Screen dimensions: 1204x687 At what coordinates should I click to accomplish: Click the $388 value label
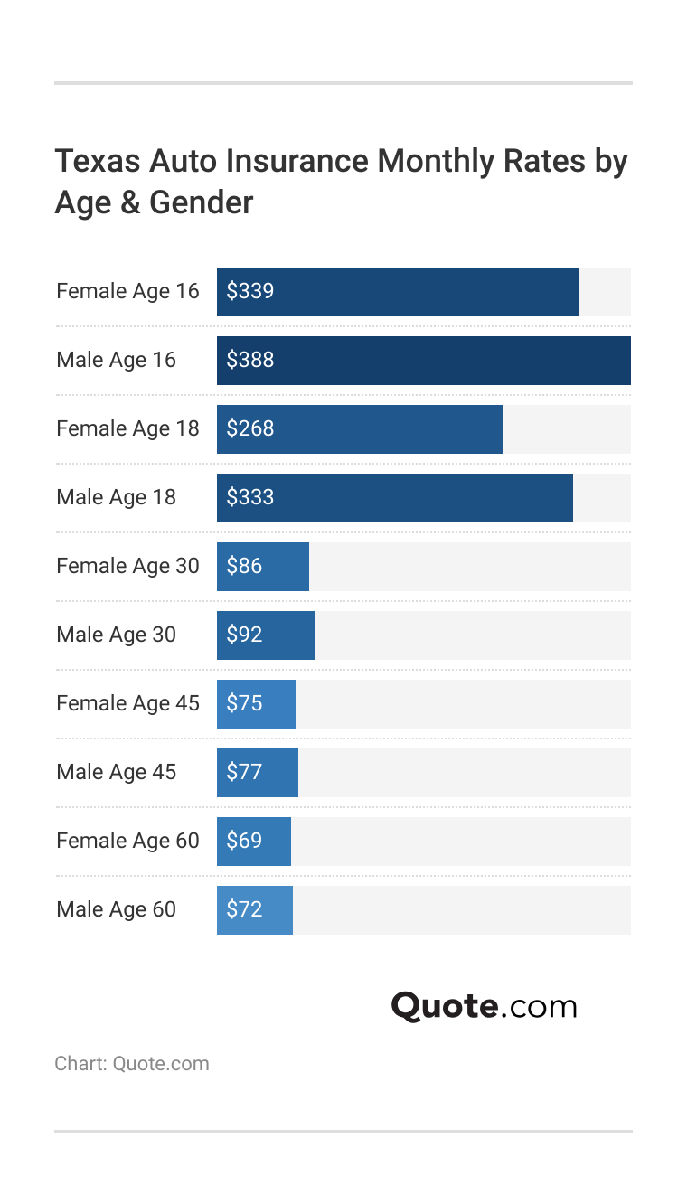tap(249, 360)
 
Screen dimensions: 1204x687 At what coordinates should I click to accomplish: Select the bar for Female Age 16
tap(398, 292)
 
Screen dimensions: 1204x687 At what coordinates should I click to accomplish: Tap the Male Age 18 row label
tap(116, 497)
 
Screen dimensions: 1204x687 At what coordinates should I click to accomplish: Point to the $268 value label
tap(249, 428)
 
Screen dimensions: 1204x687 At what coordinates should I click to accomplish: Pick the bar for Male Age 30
tap(266, 635)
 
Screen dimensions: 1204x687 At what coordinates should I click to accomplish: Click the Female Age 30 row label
tap(127, 566)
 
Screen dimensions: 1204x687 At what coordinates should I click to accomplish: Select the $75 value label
tap(244, 703)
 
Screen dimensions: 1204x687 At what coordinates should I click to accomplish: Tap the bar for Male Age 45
tap(258, 773)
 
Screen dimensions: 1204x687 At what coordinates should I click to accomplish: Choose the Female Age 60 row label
tap(127, 841)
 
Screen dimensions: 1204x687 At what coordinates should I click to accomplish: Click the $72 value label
tap(244, 909)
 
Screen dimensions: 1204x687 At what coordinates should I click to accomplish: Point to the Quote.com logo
tap(484, 1006)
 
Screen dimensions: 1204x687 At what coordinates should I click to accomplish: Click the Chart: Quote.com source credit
tap(131, 1063)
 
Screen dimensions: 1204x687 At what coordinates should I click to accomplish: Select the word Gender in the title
tap(201, 202)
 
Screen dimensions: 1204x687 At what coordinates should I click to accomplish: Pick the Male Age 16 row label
tap(116, 360)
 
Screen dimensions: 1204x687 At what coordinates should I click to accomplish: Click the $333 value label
tap(249, 497)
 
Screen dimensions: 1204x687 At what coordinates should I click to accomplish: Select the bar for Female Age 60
tap(254, 842)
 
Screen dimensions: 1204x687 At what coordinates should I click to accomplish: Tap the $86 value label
tap(244, 566)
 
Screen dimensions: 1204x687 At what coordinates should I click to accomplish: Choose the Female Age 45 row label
tap(127, 703)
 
